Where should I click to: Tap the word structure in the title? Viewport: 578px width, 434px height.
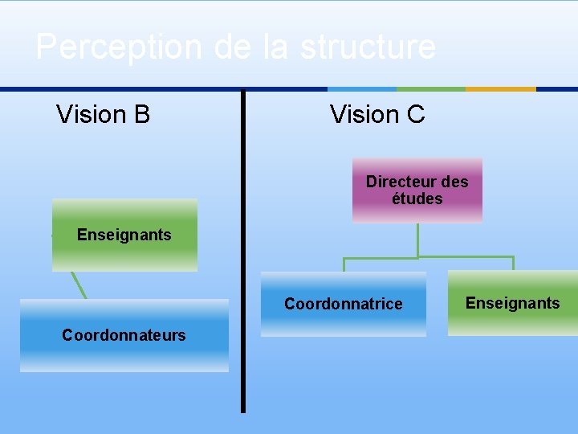coord(368,47)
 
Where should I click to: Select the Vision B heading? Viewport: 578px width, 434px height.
coord(103,115)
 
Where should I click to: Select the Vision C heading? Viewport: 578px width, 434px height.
coord(377,115)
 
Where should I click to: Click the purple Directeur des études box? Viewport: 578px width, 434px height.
coord(417,190)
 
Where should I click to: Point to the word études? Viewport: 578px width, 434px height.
coord(417,198)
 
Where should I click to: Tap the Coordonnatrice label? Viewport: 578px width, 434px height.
coord(343,304)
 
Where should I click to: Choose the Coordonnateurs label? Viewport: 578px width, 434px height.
coord(124,335)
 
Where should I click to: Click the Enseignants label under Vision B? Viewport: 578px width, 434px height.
coord(124,235)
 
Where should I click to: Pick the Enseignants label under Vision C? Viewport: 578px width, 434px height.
coord(512,303)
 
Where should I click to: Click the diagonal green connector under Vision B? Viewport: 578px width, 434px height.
coord(78,285)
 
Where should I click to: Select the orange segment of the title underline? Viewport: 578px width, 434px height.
coord(501,89)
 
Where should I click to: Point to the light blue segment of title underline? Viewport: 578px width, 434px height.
coord(362,89)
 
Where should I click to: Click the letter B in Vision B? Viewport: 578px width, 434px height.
coord(142,115)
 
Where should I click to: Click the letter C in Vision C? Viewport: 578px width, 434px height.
coord(416,115)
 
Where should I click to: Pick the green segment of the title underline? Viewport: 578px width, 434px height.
coord(431,89)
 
